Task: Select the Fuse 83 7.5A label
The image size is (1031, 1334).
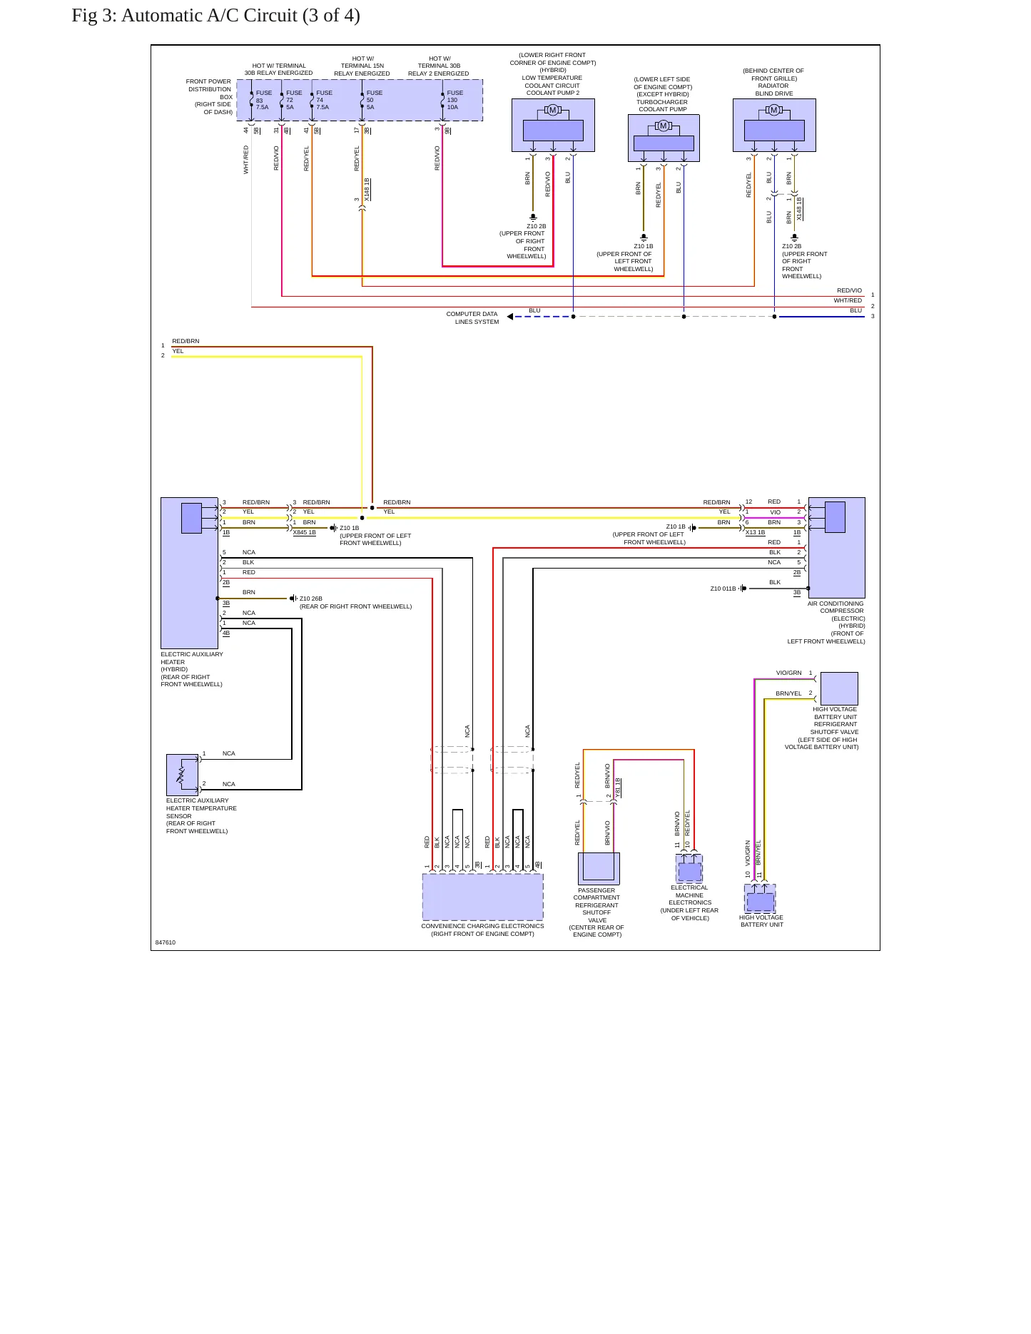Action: coord(263,100)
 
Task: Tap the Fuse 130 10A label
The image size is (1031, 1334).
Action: coord(454,100)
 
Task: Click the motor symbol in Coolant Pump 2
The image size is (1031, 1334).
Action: coord(553,110)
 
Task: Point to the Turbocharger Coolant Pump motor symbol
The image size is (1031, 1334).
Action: coord(664,126)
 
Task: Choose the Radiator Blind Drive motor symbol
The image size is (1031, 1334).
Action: coord(774,110)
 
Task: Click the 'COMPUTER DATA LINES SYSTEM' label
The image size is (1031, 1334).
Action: coord(472,318)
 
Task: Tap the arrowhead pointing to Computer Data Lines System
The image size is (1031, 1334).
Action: coord(510,317)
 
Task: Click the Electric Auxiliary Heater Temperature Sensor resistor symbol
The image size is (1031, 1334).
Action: coord(182,775)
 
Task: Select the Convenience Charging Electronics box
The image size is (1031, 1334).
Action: coord(483,897)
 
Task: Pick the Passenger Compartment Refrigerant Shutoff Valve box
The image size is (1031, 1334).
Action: coord(599,869)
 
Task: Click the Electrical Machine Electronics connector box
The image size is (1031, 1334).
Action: coord(689,869)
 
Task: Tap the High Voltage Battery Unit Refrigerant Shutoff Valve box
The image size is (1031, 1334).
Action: coord(839,688)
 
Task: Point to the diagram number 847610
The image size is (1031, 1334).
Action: coord(166,942)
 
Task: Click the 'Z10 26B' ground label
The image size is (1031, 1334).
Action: coord(311,599)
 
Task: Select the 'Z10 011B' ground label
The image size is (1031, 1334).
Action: coord(723,589)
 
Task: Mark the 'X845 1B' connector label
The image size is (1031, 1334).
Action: coord(305,532)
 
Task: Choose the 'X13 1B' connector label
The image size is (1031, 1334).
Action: coord(755,532)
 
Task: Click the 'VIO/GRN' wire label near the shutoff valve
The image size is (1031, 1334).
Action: coord(789,673)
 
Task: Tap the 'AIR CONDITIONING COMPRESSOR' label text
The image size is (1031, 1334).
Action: coord(836,607)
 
